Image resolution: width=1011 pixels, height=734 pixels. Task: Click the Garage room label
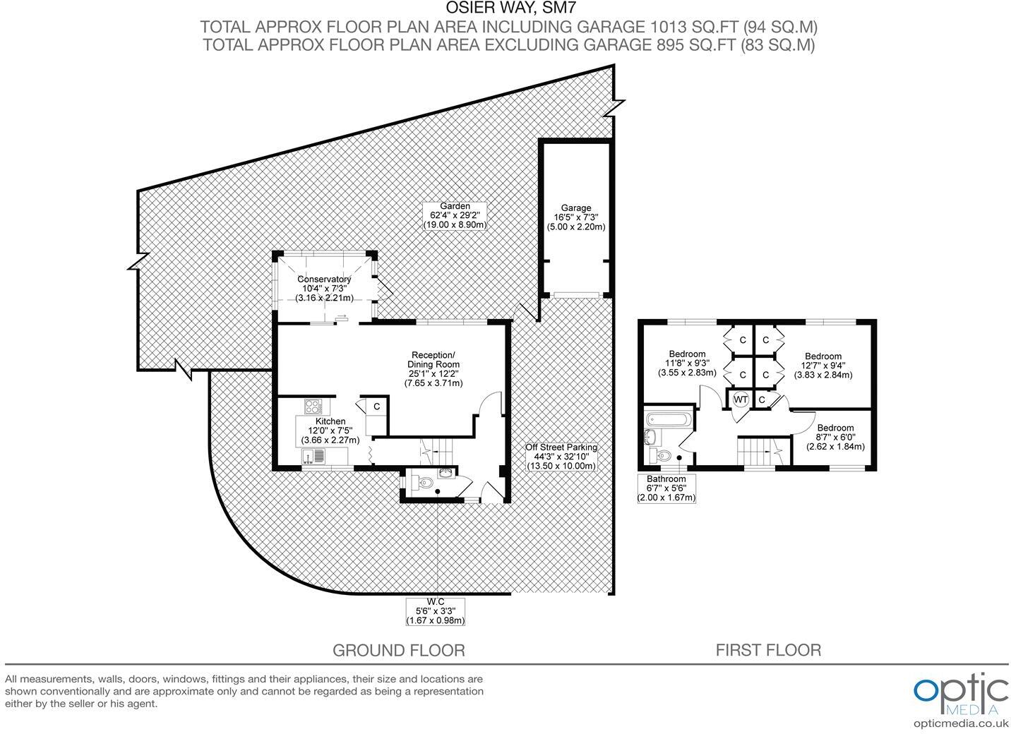pos(576,217)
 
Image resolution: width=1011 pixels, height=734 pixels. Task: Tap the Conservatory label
pos(324,289)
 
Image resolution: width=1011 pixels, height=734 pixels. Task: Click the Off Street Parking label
pos(561,456)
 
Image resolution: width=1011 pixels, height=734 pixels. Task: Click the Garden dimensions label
pos(455,215)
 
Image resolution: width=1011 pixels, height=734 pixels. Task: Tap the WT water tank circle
pos(740,399)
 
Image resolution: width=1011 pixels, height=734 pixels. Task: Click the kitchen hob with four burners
pos(313,407)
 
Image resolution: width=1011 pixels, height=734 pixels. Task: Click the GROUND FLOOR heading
pos(398,650)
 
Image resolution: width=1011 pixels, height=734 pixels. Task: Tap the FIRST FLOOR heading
pos(768,650)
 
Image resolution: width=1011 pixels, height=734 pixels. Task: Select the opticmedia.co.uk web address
pos(961,723)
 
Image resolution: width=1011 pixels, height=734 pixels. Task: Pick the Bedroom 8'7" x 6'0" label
pos(835,437)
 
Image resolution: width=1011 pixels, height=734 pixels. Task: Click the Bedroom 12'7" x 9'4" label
pos(822,366)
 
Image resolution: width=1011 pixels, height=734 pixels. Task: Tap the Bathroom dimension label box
pos(666,488)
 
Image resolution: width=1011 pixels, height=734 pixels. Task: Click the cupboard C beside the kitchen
pos(377,407)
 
